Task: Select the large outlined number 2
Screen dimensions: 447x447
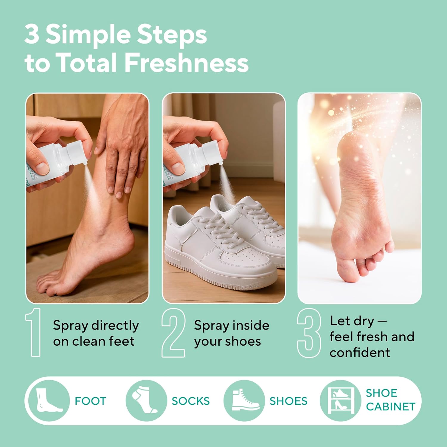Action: point(173,333)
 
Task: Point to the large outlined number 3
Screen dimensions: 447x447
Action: point(309,333)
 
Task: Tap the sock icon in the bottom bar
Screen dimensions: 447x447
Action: point(145,401)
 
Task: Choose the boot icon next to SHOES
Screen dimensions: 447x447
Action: point(244,401)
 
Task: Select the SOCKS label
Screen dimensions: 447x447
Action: point(190,401)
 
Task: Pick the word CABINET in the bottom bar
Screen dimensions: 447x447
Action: point(390,406)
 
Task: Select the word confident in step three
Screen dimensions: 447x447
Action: point(360,353)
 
